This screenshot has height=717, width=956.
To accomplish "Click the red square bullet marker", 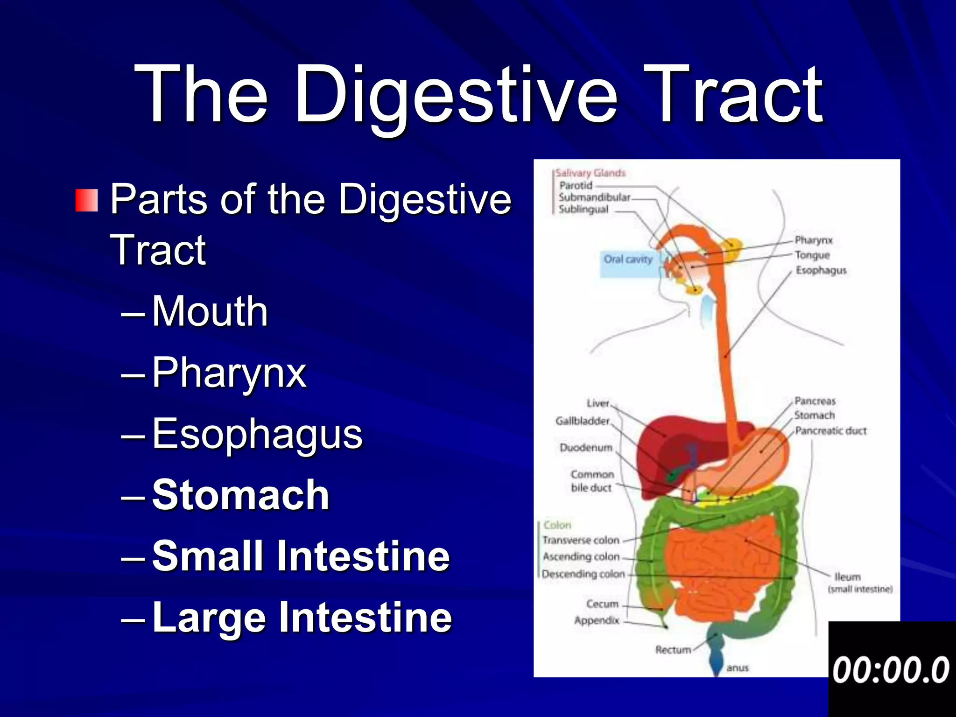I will point(87,200).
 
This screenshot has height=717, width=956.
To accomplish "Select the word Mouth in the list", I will point(210,311).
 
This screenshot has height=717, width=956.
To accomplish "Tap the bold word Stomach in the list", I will point(241,495).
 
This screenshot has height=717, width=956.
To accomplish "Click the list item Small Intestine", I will point(301,555).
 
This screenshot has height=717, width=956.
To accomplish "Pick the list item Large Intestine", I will point(302,617).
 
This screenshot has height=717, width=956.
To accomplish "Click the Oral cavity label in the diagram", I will point(628,260).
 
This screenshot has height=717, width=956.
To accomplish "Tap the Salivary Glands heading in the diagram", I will point(590,173).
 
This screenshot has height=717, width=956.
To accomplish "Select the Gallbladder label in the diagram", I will point(582,421).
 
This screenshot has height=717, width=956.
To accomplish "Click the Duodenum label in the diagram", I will point(586,448).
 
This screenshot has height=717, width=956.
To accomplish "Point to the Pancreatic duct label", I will point(830,431).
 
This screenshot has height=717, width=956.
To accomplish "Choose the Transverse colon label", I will point(581,540).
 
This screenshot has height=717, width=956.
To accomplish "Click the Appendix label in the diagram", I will point(597,620).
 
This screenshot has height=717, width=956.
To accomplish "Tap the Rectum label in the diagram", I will point(673,650).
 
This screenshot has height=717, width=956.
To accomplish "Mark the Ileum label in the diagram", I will point(847,577).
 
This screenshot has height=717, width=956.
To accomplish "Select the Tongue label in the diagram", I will point(812,255).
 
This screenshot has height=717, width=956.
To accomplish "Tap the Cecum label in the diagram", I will point(602,604).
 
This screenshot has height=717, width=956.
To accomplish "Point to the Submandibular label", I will point(594,197).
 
